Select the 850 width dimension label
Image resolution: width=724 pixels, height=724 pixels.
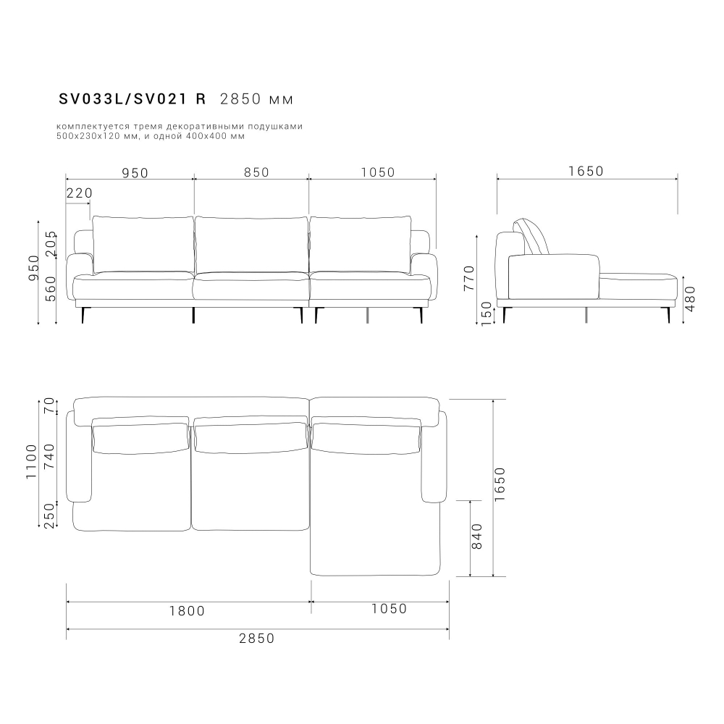(256, 172)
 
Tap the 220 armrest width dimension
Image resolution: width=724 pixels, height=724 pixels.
(79, 193)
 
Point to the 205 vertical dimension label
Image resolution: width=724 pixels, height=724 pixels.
(50, 244)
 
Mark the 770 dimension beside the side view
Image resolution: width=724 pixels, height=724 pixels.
(468, 277)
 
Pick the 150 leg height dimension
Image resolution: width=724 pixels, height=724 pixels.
(487, 313)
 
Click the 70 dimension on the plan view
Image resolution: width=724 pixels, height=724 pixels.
(50, 406)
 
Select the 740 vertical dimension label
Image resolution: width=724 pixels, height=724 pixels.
(50, 458)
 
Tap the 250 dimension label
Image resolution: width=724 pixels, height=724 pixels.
(50, 516)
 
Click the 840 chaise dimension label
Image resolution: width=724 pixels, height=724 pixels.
(477, 538)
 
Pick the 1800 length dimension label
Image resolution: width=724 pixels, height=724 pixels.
(187, 610)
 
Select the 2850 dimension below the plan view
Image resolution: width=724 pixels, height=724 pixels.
(257, 638)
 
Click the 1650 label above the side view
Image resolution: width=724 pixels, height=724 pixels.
(586, 172)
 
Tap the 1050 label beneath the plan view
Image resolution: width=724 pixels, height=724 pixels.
(390, 609)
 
